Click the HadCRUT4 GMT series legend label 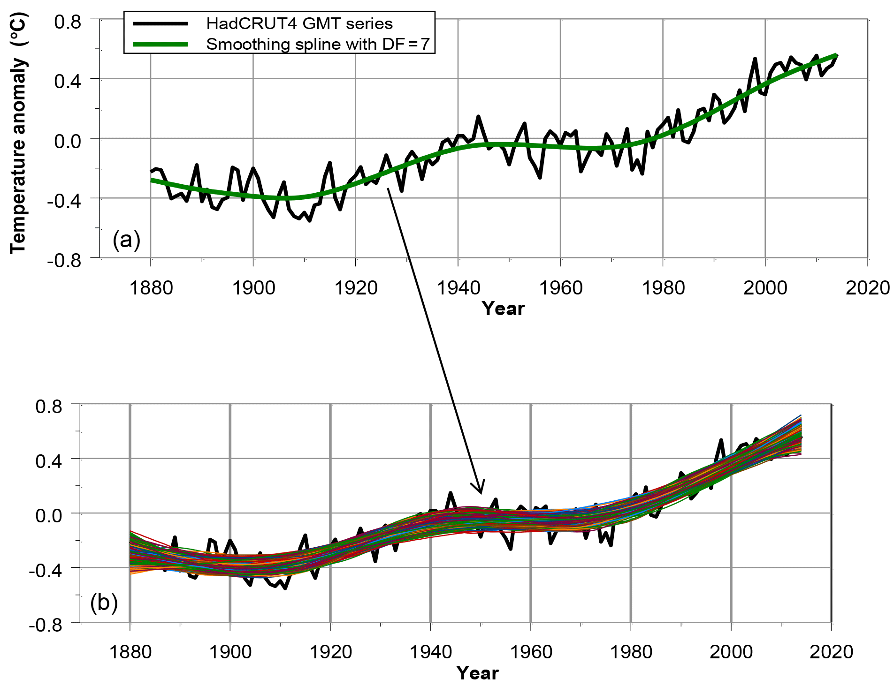(299, 23)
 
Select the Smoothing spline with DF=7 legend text (318, 44)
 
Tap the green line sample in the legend (160, 44)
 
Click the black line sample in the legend (160, 23)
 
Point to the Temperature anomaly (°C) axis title (19, 134)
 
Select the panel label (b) (104, 603)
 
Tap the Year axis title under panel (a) (503, 309)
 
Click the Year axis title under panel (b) (478, 673)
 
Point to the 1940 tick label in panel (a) (458, 287)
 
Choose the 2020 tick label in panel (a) (868, 287)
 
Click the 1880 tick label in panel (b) (130, 652)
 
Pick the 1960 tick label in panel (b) (531, 652)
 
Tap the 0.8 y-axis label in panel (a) (68, 22)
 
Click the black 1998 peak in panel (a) (755, 59)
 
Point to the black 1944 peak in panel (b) (451, 493)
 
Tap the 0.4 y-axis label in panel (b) (49, 461)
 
